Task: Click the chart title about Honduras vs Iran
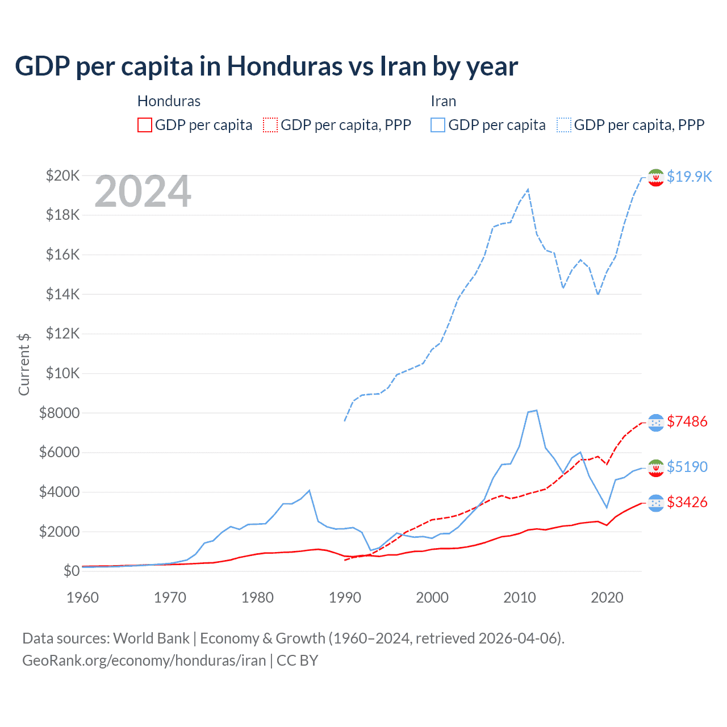click(266, 66)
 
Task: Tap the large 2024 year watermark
click(143, 192)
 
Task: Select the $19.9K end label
click(689, 177)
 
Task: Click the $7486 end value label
click(687, 421)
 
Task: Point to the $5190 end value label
click(687, 467)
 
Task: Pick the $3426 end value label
click(687, 502)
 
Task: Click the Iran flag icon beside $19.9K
click(656, 177)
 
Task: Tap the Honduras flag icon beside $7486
click(656, 422)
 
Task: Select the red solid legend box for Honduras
click(145, 125)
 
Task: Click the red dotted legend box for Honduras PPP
click(270, 125)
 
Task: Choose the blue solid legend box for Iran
click(438, 125)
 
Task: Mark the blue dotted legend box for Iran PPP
click(564, 125)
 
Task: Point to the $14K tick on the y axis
click(63, 294)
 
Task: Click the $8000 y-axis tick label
click(60, 413)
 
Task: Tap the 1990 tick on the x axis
click(345, 598)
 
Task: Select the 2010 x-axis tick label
click(520, 598)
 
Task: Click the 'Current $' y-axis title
click(24, 365)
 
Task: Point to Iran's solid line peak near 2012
click(536, 410)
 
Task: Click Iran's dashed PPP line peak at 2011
click(528, 189)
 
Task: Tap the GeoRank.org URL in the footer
click(144, 661)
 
